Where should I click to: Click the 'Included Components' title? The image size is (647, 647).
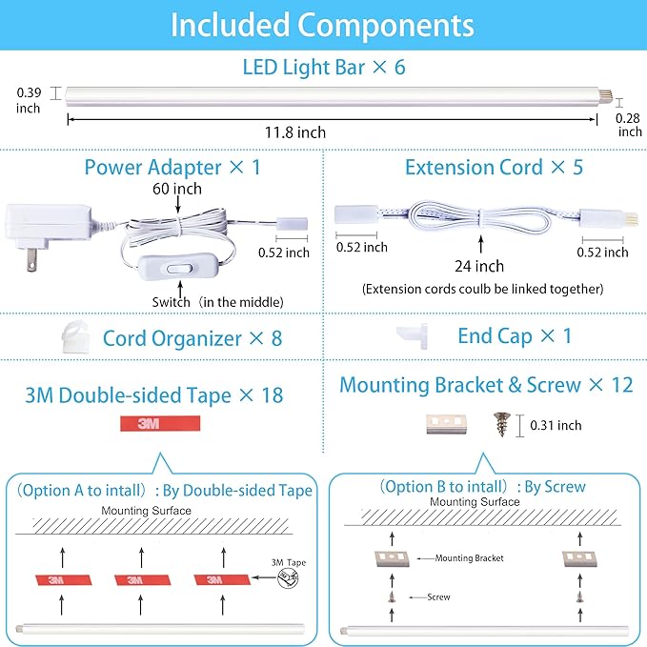322,25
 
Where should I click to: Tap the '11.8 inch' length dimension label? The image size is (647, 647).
295,132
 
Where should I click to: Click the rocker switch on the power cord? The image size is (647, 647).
180,269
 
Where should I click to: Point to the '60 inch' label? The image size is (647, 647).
177,189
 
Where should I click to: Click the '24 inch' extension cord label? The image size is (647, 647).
479,266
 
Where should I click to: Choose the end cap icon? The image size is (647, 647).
413,336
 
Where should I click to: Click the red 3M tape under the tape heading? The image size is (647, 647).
160,423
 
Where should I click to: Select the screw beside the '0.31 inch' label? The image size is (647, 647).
502,424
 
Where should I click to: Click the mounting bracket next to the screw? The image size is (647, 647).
447,424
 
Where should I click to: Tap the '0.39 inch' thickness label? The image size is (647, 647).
29,100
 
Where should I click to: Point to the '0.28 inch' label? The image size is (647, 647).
628,125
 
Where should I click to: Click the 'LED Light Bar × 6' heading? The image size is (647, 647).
324,68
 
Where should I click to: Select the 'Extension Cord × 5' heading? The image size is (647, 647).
494,167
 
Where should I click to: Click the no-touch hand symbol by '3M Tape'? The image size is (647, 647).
288,578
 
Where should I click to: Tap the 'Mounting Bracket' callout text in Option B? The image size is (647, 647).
469,558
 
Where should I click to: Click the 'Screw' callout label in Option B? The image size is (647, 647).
438,597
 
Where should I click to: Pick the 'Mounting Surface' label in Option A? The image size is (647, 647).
146,511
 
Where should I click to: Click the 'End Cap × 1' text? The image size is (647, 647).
515,336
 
